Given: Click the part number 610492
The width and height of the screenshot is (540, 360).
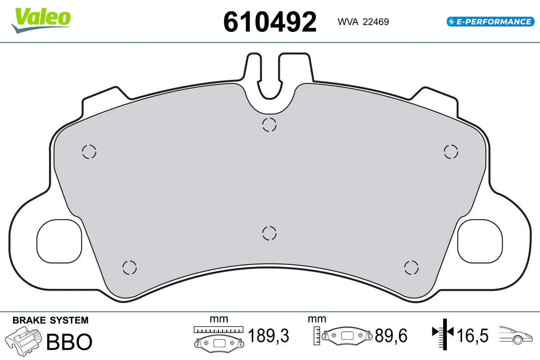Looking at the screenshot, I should pos(270,21).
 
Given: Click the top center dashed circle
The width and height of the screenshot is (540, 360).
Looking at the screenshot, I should pos(269,125).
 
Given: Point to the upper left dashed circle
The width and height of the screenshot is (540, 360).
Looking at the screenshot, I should pos(89,152).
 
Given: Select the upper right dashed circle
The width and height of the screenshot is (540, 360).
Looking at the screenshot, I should pos(450,151).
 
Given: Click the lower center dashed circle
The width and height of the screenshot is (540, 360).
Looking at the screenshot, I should pos(269,233).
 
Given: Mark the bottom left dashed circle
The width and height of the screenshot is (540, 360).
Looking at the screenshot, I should pos(129,267).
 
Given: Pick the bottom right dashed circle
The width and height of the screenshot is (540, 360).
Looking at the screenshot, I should pos(411,267).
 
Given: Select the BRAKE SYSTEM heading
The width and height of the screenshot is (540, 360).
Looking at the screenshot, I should pos(50,320).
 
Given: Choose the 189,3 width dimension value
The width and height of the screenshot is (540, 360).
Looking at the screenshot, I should pos(269,336).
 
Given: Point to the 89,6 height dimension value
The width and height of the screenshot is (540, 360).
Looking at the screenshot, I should pos(391,336).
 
